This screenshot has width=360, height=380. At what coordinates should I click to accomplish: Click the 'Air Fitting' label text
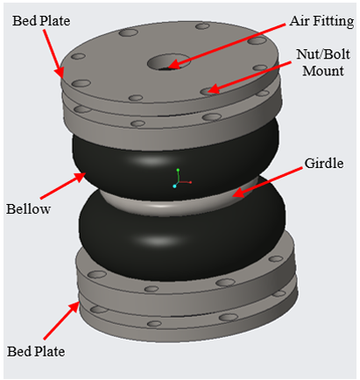click(x=321, y=21)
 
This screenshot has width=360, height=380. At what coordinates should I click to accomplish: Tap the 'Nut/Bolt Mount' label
click(x=323, y=62)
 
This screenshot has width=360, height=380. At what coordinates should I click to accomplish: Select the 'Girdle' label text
click(x=324, y=163)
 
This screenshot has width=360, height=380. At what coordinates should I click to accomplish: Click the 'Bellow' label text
click(x=28, y=209)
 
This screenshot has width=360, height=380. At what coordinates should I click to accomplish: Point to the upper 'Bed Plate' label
click(x=41, y=21)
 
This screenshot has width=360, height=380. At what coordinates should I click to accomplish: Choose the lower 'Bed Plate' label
click(x=36, y=351)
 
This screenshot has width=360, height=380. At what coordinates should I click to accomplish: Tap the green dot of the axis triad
click(x=178, y=170)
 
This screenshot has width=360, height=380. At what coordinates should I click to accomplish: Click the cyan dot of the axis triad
click(x=174, y=186)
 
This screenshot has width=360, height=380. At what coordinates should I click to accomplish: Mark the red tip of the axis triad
click(x=190, y=182)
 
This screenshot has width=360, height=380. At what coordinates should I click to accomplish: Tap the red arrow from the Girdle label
click(x=267, y=182)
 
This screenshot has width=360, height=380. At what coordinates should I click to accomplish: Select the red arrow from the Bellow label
click(x=63, y=186)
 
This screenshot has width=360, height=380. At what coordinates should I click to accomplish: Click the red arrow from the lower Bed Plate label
click(x=61, y=320)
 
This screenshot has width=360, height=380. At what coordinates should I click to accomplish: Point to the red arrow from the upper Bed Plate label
click(x=53, y=53)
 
